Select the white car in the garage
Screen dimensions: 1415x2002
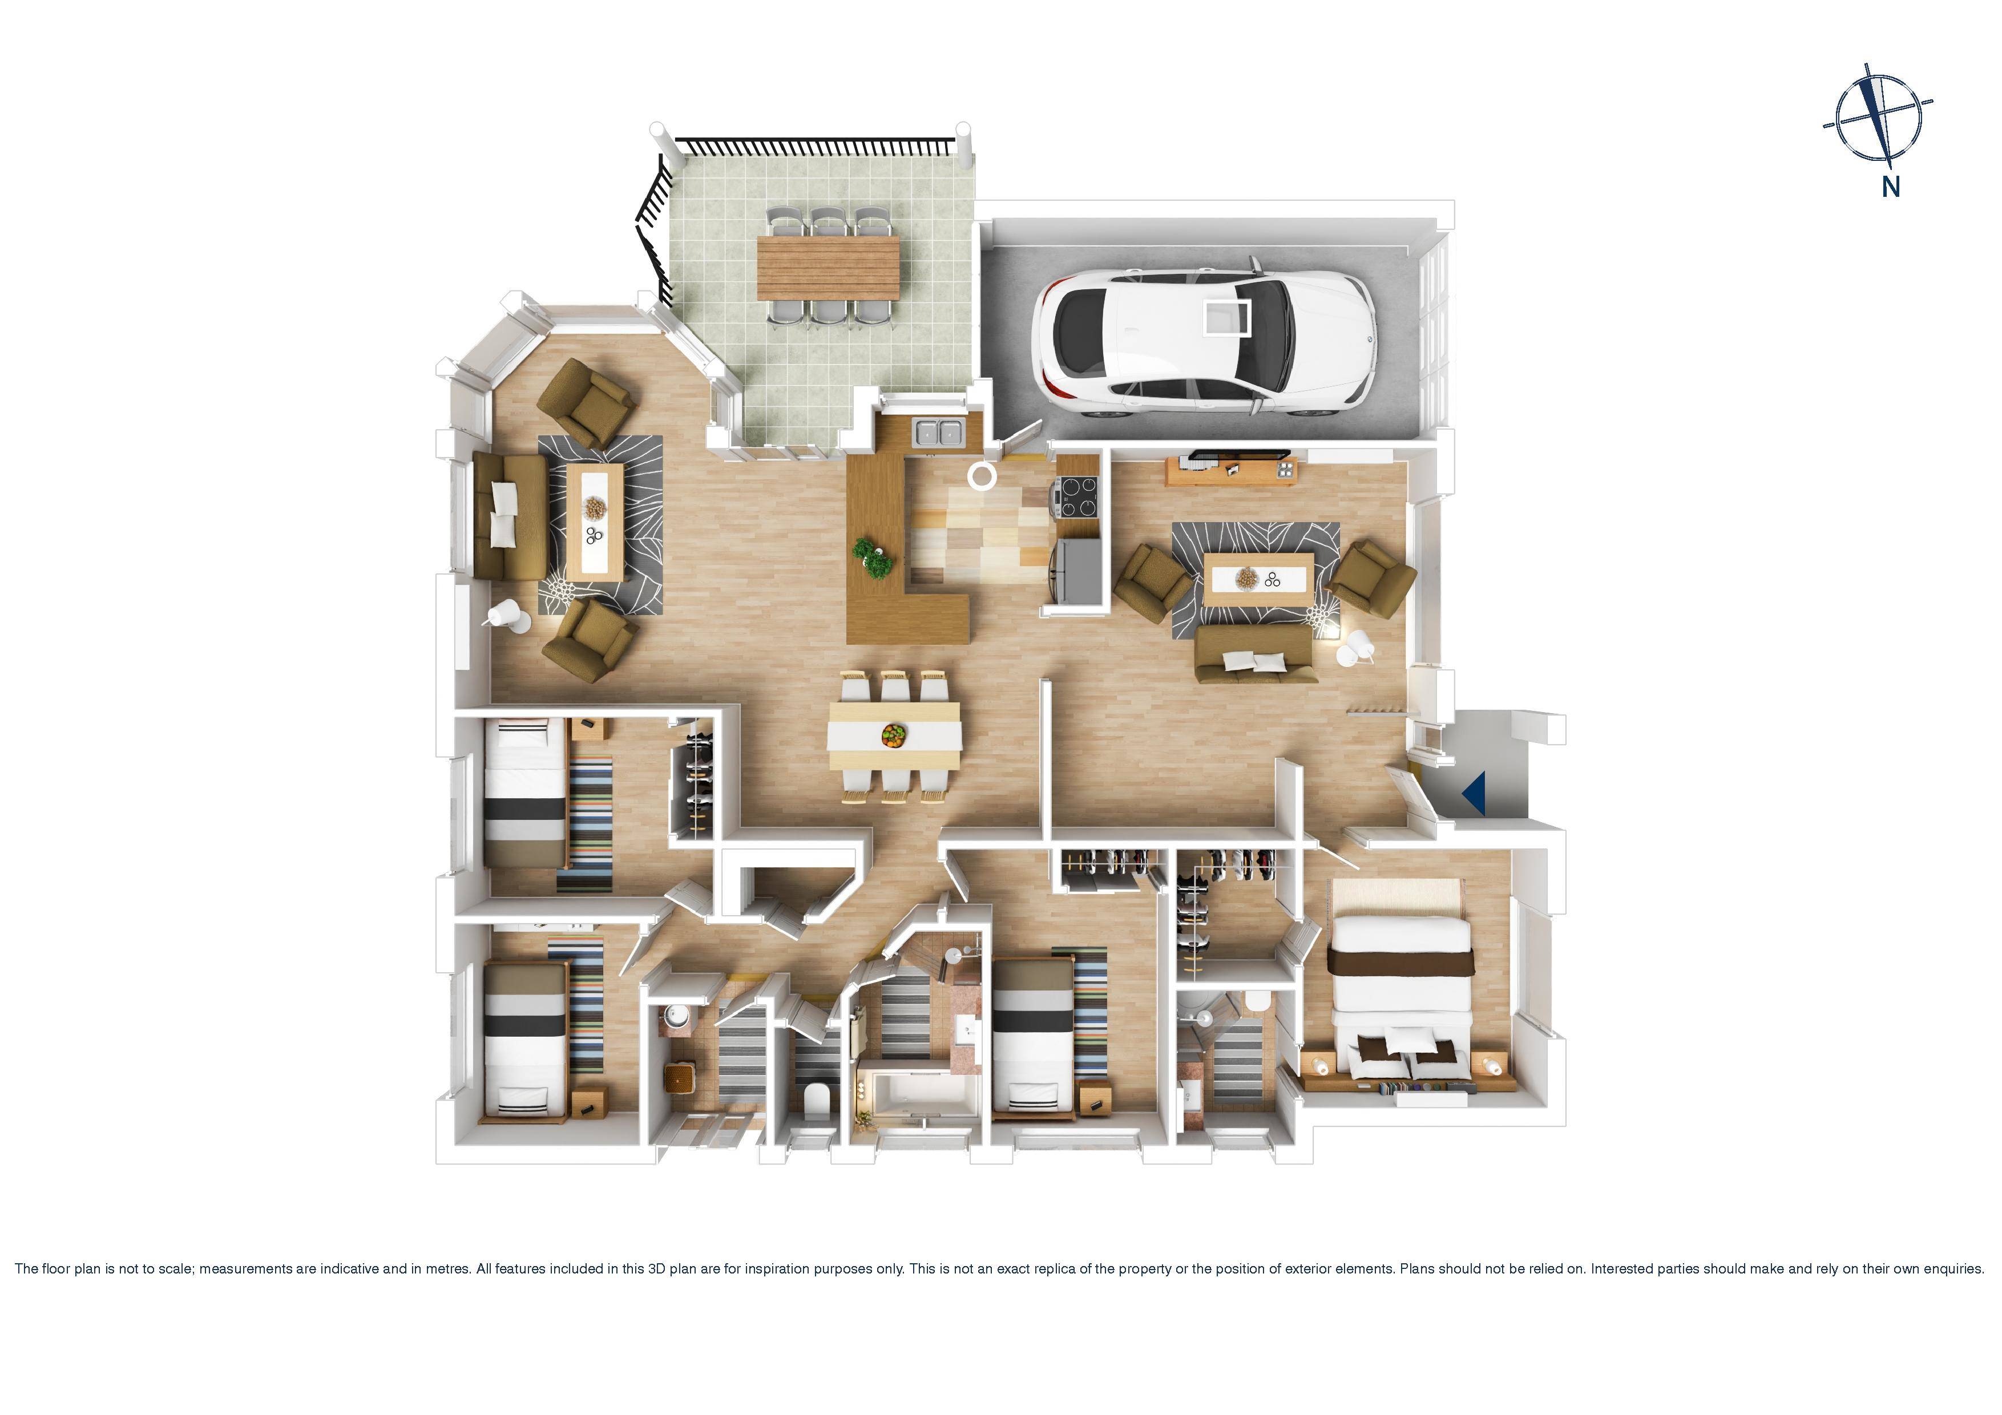tap(1203, 341)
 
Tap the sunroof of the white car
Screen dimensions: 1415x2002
tap(1228, 317)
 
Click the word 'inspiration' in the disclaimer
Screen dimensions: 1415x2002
tap(769, 1268)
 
